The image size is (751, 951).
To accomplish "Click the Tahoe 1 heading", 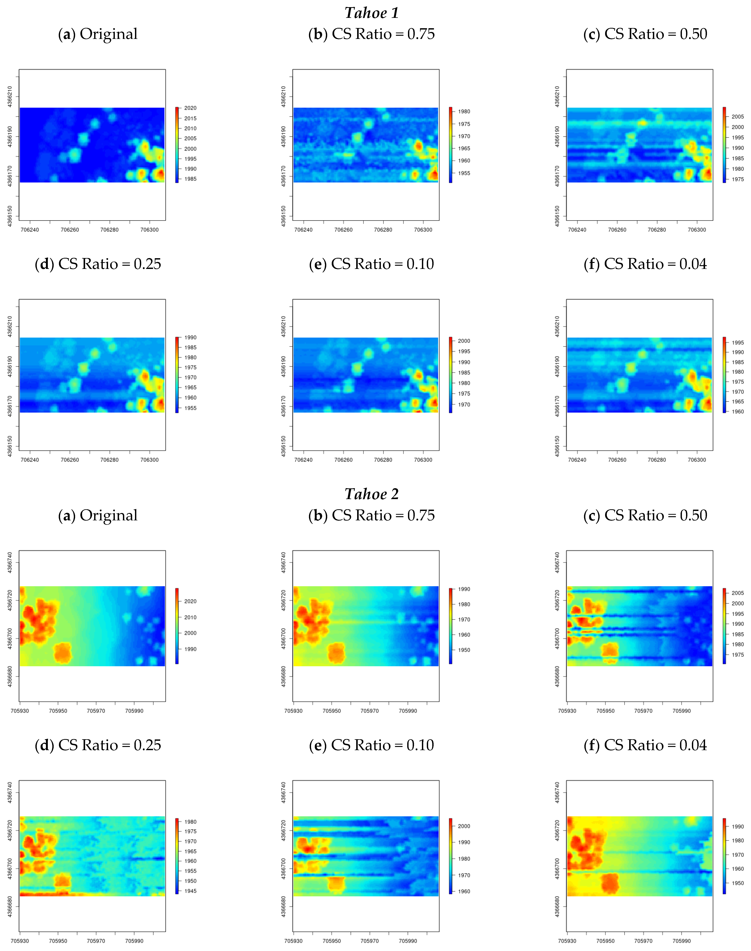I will pos(371,13).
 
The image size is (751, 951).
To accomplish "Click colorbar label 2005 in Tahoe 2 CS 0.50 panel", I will pos(737,593).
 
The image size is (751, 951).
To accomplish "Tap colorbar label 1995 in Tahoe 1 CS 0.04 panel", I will pos(737,343).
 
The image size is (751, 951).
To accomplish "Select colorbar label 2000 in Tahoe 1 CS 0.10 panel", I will pos(464,341).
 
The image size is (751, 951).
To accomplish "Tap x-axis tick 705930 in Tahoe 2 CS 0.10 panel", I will pos(293,941).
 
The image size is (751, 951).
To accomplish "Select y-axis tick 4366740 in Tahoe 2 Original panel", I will pos(10,563).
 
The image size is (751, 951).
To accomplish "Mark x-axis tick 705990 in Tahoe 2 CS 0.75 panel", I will pos(408,711).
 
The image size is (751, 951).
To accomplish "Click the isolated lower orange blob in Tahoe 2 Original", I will pos(63,653).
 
